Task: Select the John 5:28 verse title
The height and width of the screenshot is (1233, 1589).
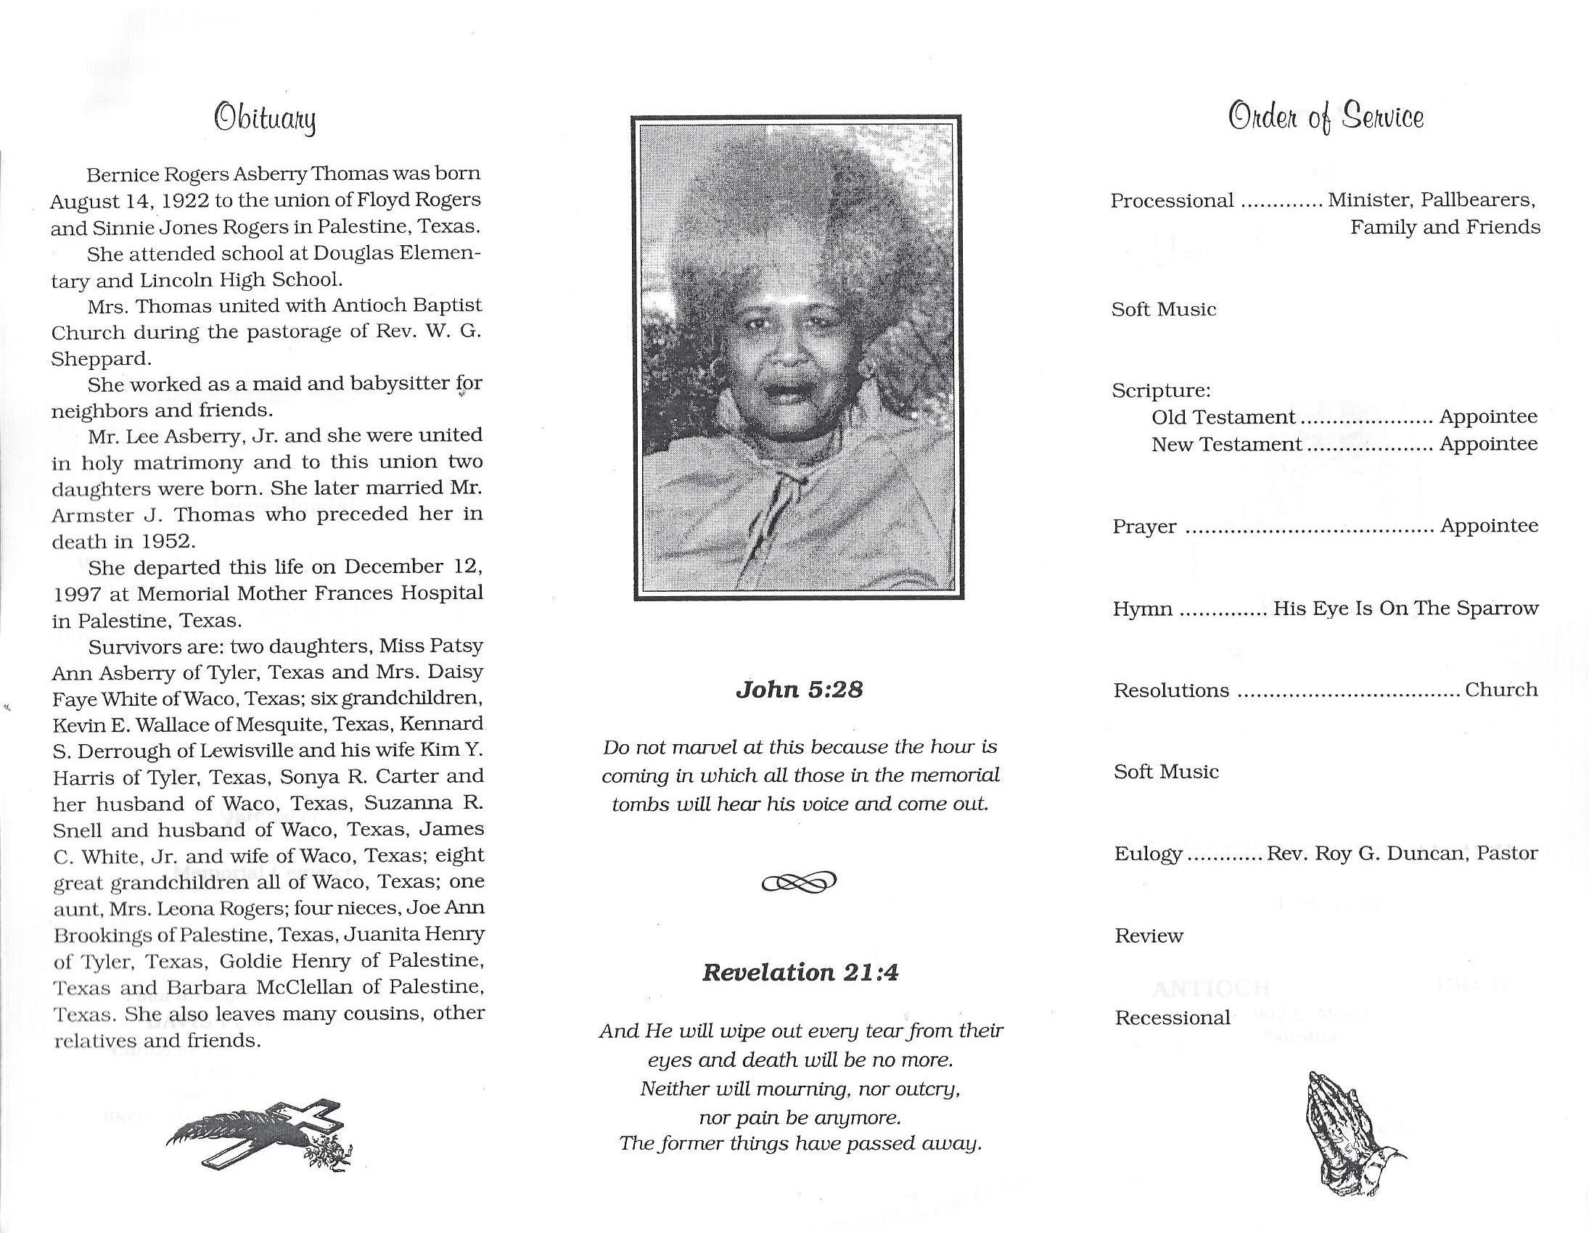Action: coord(799,689)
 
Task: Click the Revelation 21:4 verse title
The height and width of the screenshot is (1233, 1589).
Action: coord(800,973)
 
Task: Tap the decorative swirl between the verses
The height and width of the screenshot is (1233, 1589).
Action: coord(799,883)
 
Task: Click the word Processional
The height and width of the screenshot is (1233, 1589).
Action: coord(1172,201)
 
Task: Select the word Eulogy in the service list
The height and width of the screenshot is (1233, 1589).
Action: coord(1148,854)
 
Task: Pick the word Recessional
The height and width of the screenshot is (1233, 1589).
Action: coord(1172,1018)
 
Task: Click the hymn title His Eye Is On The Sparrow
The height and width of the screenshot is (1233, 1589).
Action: coord(1405,608)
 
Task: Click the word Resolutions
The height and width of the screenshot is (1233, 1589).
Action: coord(1170,690)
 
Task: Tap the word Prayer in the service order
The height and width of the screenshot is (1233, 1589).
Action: coord(1144,527)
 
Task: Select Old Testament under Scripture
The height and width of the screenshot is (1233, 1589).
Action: coord(1223,418)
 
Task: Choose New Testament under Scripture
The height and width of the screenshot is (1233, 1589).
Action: coord(1226,445)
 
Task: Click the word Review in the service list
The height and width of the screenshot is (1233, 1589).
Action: coord(1149,936)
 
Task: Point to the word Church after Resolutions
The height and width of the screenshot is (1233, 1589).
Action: coord(1501,690)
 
